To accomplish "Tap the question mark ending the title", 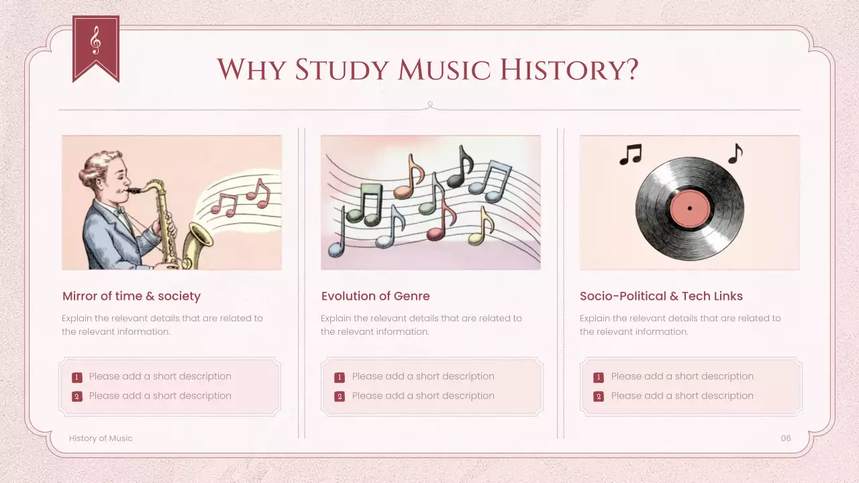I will pos(629,70).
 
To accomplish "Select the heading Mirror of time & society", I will pos(132,296).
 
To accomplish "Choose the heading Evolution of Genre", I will pos(375,296).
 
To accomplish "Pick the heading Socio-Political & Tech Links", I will pos(661,296).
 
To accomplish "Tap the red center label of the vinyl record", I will pos(689,208).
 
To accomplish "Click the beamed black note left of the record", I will pos(630,154).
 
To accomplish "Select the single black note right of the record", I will pos(736,154).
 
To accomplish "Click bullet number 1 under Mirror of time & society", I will pos(77,377).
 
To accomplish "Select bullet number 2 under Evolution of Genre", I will pos(340,396).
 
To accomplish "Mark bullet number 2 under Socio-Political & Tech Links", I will pos(599,396).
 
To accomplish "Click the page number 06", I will pos(786,438).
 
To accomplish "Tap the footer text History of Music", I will pos(101,438).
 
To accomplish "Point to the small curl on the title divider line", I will pos(430,105).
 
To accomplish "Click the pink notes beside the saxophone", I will pos(242,198).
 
